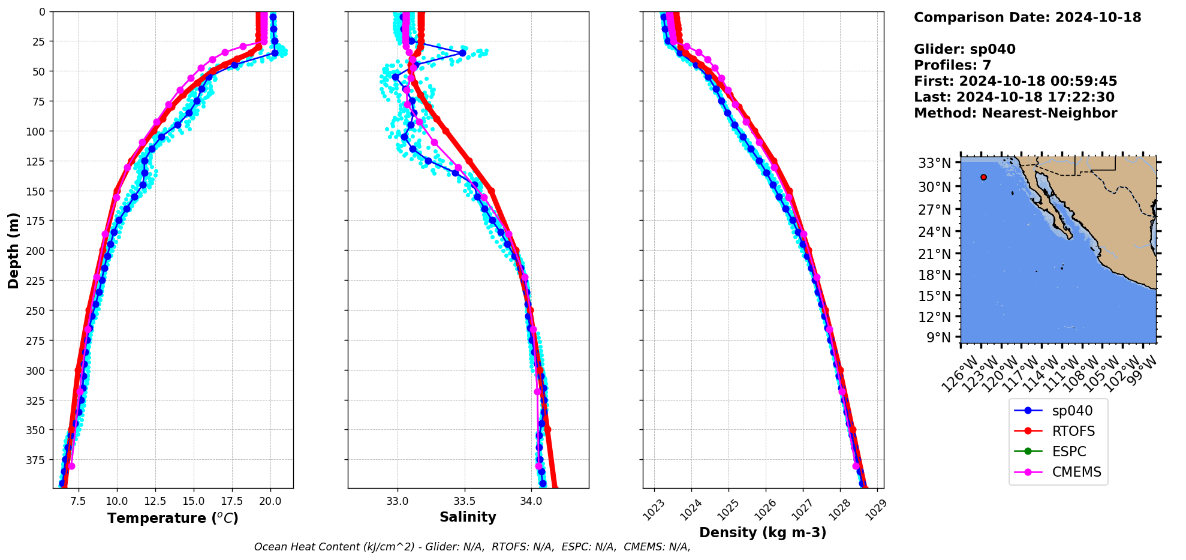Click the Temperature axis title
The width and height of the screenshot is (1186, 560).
click(173, 518)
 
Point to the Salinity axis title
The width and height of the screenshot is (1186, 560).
click(468, 517)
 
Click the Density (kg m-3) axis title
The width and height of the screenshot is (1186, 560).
click(763, 532)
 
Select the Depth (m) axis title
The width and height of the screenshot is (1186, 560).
click(13, 250)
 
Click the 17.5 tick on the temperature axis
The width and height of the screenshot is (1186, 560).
click(232, 501)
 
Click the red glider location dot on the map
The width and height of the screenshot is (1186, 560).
click(983, 177)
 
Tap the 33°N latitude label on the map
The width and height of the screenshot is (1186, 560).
click(934, 163)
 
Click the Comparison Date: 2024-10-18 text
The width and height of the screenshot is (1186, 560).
click(1027, 17)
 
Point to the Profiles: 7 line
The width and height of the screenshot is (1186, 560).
click(952, 65)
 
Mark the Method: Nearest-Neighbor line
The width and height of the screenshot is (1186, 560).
click(1015, 113)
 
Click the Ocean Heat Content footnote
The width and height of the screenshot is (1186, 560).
click(472, 547)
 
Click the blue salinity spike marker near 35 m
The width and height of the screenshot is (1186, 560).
click(462, 53)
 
